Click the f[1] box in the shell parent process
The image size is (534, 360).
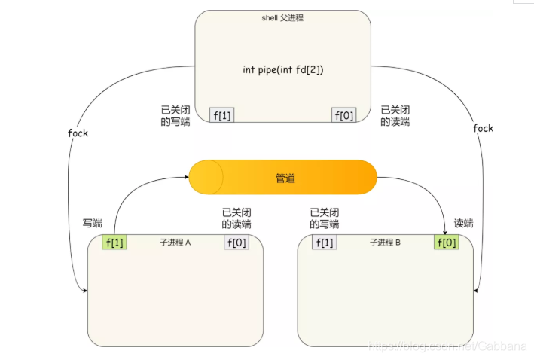(x=222, y=114)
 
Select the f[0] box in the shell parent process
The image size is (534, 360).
(x=343, y=114)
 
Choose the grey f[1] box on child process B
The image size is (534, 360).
(x=325, y=242)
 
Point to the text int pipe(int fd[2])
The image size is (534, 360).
(x=282, y=69)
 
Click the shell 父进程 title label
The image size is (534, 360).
(x=282, y=17)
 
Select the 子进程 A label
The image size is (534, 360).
(x=176, y=243)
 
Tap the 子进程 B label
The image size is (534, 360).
(x=386, y=243)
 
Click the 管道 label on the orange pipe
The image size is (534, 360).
(x=285, y=178)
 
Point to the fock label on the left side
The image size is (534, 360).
(x=78, y=133)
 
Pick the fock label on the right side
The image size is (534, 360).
(x=483, y=128)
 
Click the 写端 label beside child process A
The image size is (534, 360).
(x=93, y=223)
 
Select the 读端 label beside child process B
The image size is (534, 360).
(x=464, y=223)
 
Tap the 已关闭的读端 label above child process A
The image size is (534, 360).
(x=236, y=218)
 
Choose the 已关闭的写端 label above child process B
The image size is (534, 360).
(x=325, y=218)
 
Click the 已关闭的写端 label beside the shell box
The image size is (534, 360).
(x=175, y=115)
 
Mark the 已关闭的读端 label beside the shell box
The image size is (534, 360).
(x=395, y=115)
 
